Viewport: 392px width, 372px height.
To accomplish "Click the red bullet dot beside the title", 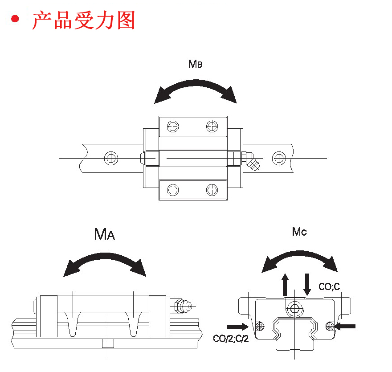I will [16, 20].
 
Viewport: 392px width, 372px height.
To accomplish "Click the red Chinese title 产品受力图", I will [83, 20].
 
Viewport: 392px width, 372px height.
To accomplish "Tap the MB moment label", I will [195, 64].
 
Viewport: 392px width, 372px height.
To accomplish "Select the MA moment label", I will [105, 234].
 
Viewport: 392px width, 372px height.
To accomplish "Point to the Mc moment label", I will [299, 232].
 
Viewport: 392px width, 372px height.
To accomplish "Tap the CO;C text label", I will [329, 286].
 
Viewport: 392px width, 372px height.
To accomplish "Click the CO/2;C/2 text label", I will [230, 339].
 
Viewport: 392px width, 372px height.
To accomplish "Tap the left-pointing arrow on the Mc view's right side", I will [345, 326].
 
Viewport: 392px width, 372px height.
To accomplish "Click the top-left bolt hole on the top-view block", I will [173, 126].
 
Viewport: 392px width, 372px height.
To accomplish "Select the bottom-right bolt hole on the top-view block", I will [212, 190].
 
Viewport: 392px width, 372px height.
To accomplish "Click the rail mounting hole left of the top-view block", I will [110, 158].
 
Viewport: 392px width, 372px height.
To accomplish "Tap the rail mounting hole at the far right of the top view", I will [279, 158].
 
